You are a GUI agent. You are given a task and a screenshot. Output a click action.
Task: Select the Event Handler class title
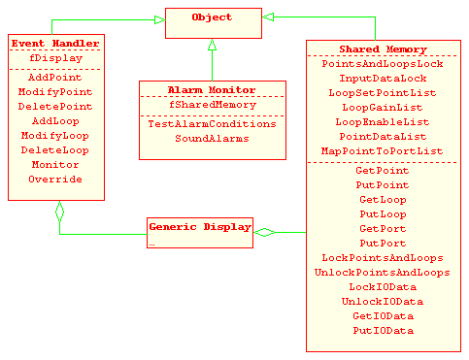coord(54,45)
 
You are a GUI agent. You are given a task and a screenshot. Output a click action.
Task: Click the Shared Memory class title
coord(382,49)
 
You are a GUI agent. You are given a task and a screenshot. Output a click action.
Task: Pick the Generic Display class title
coord(199,226)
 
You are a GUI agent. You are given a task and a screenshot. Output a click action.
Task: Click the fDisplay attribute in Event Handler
coord(55,58)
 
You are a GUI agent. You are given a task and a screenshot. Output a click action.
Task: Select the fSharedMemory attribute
coord(197,104)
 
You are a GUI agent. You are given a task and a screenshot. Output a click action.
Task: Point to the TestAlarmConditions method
coord(197,124)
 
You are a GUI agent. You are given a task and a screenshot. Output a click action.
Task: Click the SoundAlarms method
coord(198,139)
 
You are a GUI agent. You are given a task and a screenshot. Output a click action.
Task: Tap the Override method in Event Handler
coord(55,180)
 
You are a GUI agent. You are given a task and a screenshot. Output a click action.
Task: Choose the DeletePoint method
coord(55,107)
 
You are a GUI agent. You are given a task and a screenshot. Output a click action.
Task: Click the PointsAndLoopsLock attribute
coord(382,63)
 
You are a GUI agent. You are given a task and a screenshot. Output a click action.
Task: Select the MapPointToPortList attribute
coord(382,151)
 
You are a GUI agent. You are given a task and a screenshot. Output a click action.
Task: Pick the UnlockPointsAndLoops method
coord(382,273)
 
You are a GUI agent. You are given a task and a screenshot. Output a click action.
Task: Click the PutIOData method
coord(382,331)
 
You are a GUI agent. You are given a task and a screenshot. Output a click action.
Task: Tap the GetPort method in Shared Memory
coord(382,229)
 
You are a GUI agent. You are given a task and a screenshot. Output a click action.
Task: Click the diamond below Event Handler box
coord(59,210)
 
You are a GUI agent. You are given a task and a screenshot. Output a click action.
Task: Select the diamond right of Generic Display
coord(264,231)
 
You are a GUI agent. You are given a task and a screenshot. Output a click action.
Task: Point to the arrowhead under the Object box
coord(212,46)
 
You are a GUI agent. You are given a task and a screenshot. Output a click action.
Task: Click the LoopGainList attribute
coord(382,108)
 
